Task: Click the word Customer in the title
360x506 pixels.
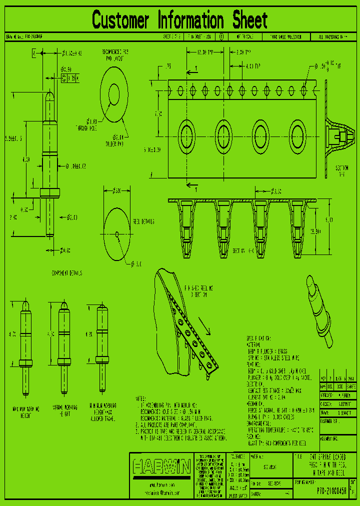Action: coord(120,20)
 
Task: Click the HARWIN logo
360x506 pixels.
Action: coord(161,467)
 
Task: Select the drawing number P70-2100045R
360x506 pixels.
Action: coord(324,490)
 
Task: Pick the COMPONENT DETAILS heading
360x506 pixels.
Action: coord(66,273)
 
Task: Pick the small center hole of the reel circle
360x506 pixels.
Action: coord(117,233)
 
